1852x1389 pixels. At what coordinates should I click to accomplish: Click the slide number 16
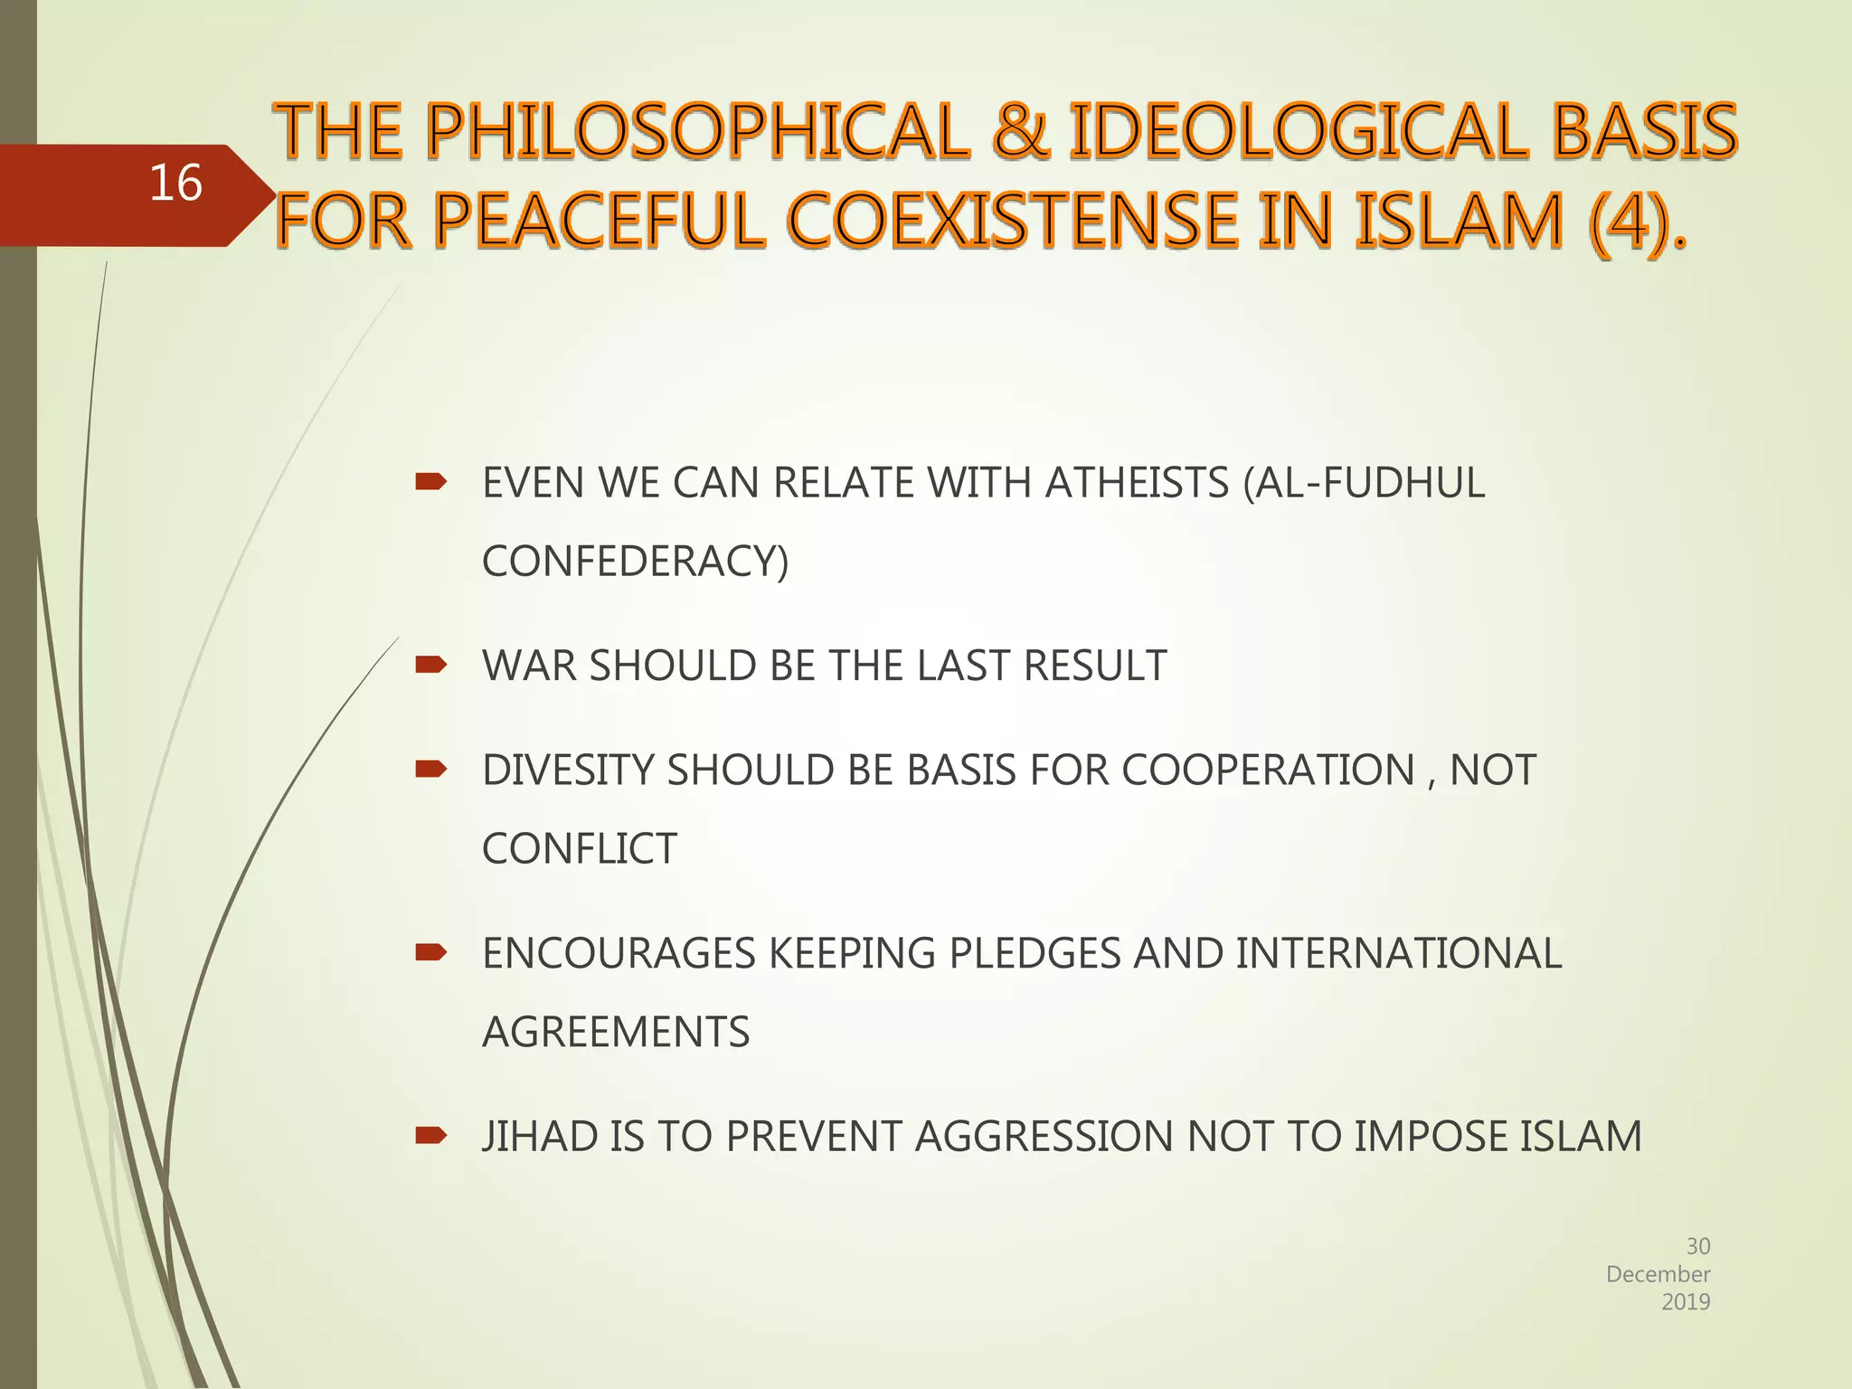point(175,184)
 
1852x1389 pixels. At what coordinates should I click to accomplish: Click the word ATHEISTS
point(1137,483)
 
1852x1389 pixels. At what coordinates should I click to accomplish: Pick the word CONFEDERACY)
point(635,561)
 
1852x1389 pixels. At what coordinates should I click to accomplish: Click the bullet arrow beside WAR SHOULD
point(430,666)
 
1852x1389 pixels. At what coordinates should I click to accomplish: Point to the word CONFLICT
point(579,849)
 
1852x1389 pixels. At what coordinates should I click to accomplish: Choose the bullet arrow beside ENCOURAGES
point(430,952)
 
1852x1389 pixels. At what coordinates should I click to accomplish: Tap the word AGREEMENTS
point(616,1032)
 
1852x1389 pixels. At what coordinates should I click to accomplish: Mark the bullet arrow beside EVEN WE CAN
point(430,482)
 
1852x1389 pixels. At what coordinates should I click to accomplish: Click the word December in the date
point(1658,1274)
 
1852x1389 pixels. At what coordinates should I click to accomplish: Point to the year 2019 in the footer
point(1686,1302)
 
